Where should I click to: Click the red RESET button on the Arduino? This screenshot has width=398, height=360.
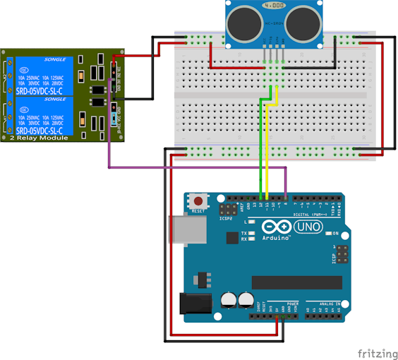(x=198, y=203)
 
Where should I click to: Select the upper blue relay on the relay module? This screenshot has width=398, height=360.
(x=42, y=74)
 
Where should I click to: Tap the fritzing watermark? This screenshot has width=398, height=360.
(x=375, y=352)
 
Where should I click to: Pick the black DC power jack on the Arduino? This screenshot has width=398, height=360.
(x=196, y=303)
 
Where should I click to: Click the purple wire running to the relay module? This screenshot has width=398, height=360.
(x=198, y=167)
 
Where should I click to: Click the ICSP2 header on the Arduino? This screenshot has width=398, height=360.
(x=229, y=210)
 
